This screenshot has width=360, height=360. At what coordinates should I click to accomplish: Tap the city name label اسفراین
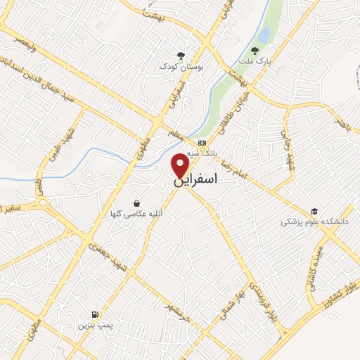point(205,179)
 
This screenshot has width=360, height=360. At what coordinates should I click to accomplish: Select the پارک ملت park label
point(255,61)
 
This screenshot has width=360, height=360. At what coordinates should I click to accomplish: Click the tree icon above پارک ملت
point(255,51)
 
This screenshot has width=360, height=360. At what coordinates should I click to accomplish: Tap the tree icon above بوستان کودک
point(181,55)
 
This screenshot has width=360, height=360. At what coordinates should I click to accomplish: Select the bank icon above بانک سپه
point(202,143)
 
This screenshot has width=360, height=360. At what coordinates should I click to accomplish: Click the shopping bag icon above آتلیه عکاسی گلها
point(136,202)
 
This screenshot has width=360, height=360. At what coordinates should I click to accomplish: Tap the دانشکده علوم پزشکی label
point(315,221)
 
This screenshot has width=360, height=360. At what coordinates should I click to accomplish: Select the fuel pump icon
point(95,314)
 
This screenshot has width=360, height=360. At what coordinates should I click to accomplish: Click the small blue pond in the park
point(264,34)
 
